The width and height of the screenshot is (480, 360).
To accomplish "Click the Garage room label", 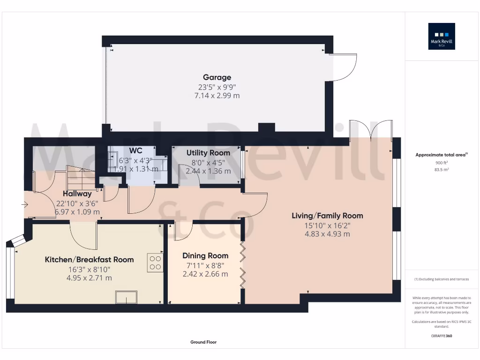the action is (217, 77).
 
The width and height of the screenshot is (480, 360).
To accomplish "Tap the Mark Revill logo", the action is (442, 37).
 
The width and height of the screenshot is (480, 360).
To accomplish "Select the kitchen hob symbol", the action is (156, 262).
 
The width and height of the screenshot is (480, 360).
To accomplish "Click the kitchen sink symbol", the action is (127, 297).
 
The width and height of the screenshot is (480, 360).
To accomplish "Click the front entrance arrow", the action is (24, 204).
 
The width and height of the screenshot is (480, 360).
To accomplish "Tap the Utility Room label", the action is (208, 153).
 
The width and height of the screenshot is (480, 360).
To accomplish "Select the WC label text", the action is (136, 151).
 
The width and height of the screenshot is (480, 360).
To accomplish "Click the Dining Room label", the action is (205, 255).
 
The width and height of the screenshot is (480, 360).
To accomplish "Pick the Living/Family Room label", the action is (327, 216).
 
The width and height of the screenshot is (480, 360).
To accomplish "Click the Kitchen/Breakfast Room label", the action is (89, 259).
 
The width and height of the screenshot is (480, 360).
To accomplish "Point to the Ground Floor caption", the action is (203, 342).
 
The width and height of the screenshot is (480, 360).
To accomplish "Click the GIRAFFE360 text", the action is (442, 336).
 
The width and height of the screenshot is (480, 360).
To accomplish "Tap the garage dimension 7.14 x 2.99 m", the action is (217, 96).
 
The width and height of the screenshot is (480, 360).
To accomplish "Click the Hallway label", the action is (78, 194).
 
